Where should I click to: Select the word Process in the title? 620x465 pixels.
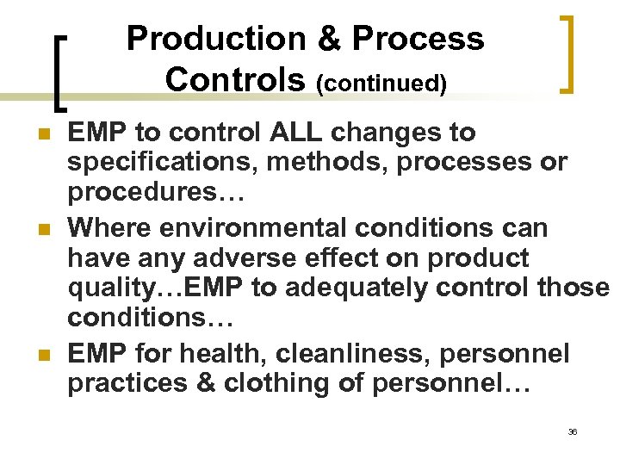tap(418, 39)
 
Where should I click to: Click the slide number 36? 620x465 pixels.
tap(573, 431)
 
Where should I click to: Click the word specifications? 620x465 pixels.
tap(156, 162)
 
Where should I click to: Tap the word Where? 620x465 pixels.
tap(106, 228)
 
